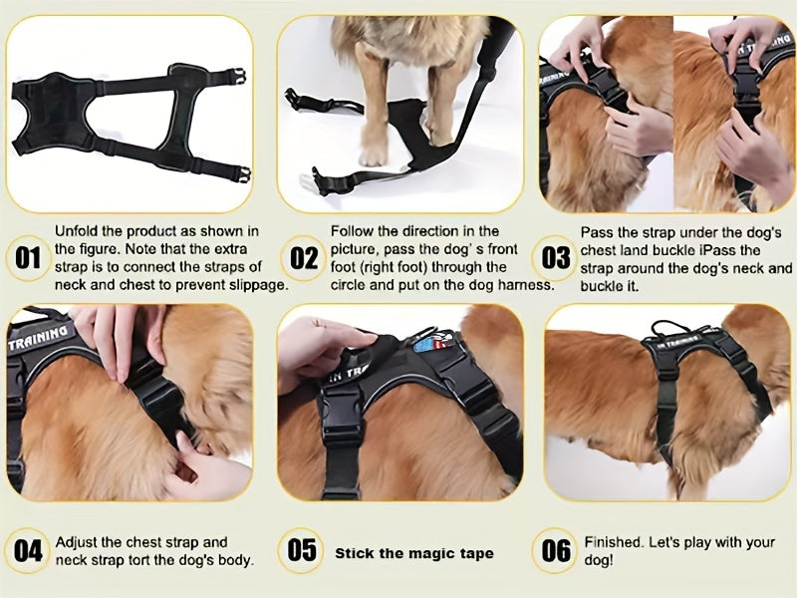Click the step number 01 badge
tap(28, 258)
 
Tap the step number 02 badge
tap(304, 258)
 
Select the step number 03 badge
tap(556, 258)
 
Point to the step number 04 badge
tap(28, 551)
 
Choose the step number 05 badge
tap(301, 550)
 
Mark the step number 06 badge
tap(555, 551)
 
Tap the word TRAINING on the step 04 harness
tap(38, 338)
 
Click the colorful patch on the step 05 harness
tap(433, 342)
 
